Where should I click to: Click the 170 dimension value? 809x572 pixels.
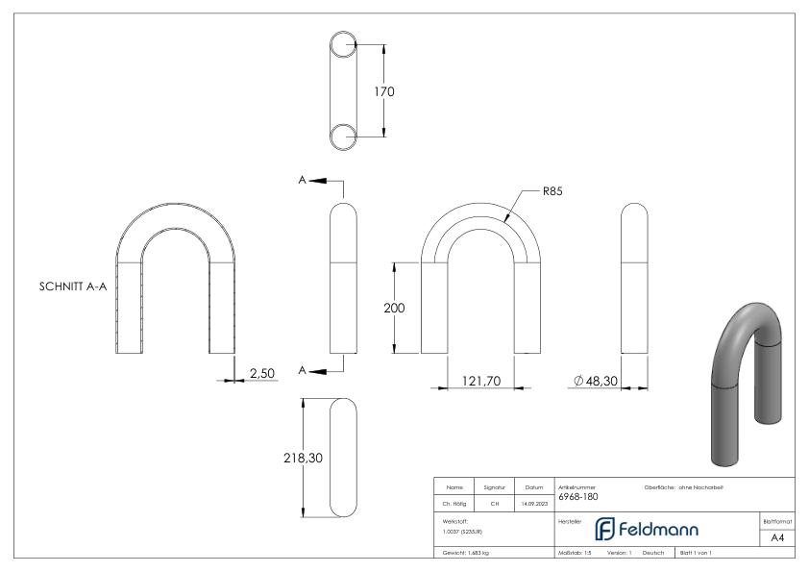pyautogui.click(x=384, y=92)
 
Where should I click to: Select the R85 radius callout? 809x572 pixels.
pyautogui.click(x=552, y=191)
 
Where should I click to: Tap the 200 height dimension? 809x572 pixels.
pyautogui.click(x=394, y=309)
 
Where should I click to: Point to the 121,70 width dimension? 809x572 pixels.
pyautogui.click(x=480, y=383)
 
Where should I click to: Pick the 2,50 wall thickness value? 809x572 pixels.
pyautogui.click(x=262, y=372)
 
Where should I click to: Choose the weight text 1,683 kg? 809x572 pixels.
pyautogui.click(x=467, y=555)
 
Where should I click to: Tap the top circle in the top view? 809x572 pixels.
pyautogui.click(x=343, y=45)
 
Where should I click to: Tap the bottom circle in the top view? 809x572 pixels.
pyautogui.click(x=343, y=137)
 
